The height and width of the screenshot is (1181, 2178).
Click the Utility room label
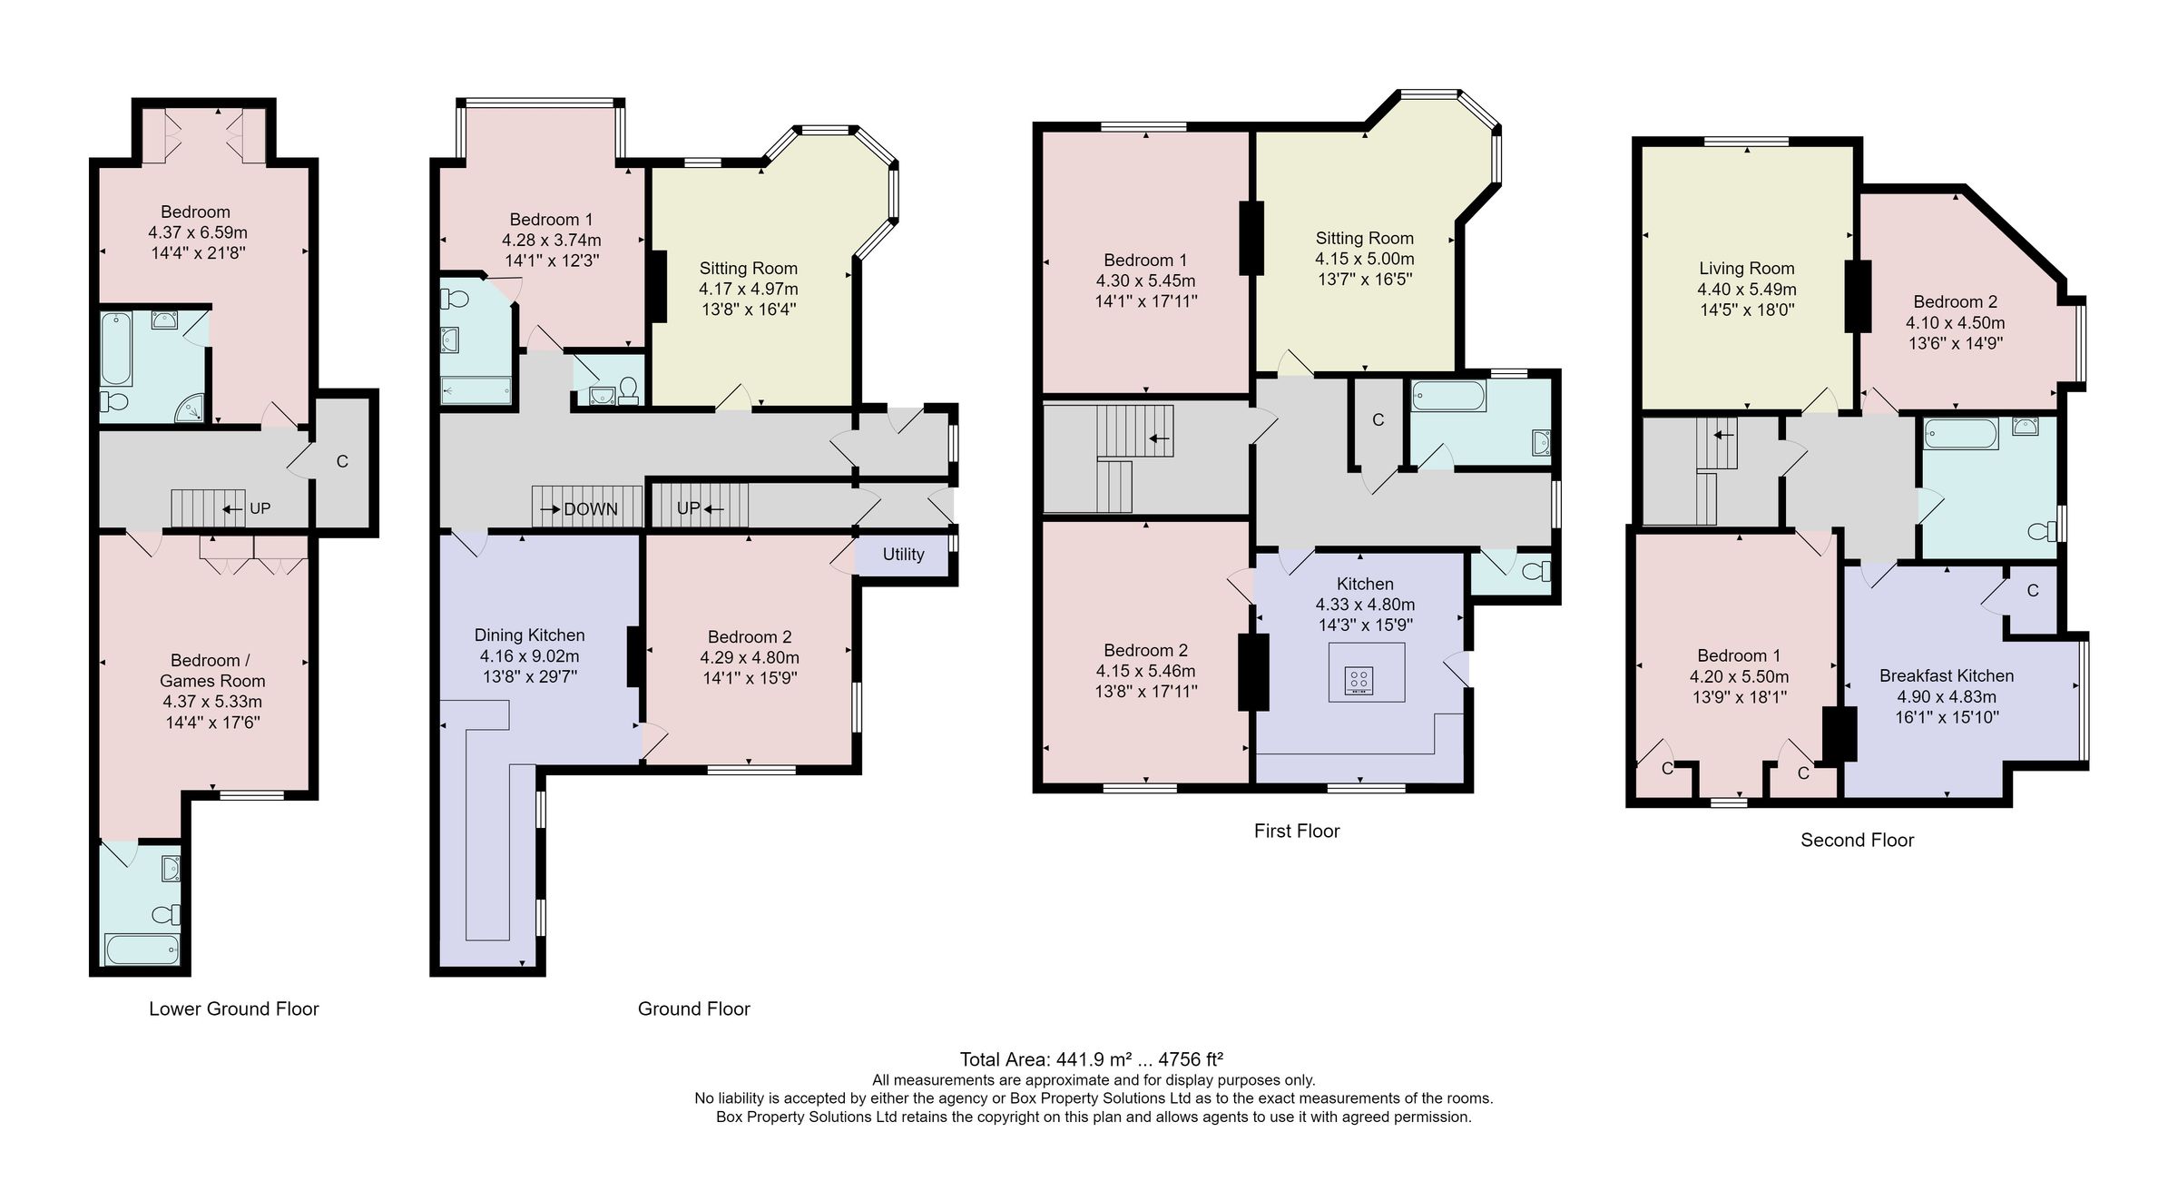click(x=903, y=555)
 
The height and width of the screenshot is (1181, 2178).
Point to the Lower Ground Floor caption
click(x=233, y=1009)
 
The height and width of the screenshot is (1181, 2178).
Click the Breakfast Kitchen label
click(x=1946, y=676)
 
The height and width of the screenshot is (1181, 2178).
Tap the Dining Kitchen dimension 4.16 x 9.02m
click(x=529, y=656)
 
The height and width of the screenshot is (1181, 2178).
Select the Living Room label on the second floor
click(x=1746, y=269)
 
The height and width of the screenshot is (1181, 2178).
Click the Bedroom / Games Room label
click(x=212, y=671)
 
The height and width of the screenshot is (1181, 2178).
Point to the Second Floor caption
click(x=1857, y=841)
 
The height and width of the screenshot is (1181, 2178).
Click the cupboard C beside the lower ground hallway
click(x=342, y=462)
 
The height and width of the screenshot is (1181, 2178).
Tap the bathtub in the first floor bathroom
click(x=1448, y=396)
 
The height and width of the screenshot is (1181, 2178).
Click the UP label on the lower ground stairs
click(x=260, y=508)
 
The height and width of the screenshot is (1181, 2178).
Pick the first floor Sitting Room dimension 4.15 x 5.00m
click(x=1364, y=259)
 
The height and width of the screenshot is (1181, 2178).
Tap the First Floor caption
click(x=1296, y=832)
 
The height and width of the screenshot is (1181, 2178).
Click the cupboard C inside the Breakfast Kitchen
click(x=2033, y=591)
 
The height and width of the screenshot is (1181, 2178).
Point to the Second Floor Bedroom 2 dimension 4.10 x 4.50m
click(x=1955, y=323)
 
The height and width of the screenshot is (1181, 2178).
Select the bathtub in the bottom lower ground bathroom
click(x=142, y=950)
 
